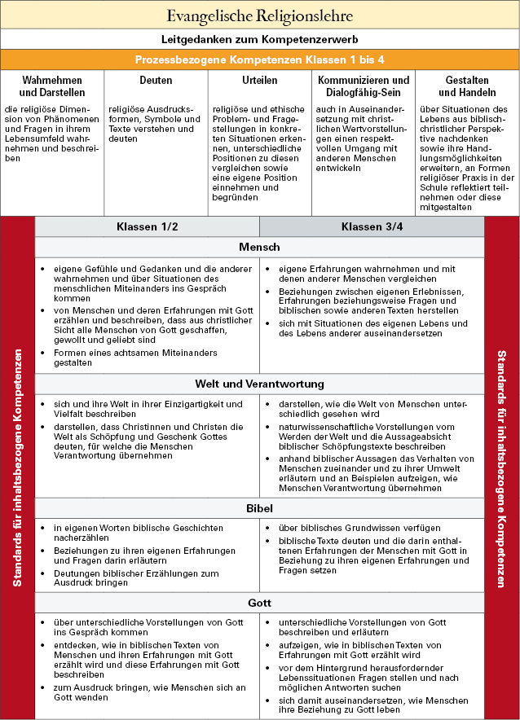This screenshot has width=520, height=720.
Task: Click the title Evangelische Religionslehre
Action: tap(259, 15)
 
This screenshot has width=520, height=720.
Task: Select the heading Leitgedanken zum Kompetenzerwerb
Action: tap(259, 39)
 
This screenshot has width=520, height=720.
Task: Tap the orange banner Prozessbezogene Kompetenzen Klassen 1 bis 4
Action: tap(259, 59)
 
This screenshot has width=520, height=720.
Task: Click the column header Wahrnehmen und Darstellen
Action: tap(52, 86)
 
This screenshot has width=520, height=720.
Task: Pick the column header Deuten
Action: tap(156, 81)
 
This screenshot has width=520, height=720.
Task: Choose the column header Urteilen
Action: tap(259, 81)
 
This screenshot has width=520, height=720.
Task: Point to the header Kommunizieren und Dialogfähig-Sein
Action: tap(364, 86)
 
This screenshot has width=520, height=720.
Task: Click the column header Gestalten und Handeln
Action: tap(467, 86)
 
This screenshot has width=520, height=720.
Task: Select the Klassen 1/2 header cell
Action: tap(147, 226)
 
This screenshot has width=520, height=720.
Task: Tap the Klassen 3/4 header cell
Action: tap(372, 226)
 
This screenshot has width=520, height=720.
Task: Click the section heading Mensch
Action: tap(259, 247)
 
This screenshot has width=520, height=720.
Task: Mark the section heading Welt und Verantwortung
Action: tap(259, 384)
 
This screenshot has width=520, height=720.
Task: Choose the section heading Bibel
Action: tap(259, 508)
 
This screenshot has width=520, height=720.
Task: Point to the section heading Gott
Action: tap(259, 603)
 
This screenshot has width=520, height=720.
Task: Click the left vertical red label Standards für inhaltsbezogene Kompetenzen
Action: tap(17, 468)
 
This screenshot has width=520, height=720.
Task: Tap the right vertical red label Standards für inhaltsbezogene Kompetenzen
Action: tap(502, 468)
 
